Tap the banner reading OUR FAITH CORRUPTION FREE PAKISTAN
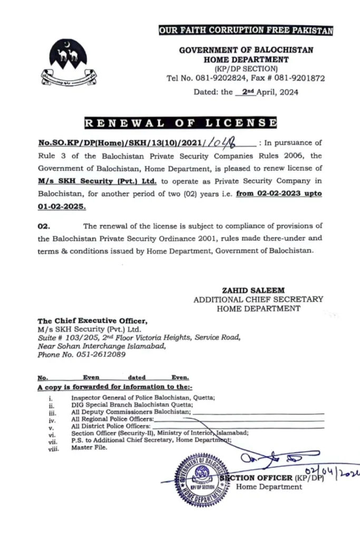[246, 31]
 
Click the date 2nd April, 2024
[267, 92]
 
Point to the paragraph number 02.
[43, 226]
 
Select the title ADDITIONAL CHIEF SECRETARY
[258, 299]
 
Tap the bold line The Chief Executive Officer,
[89, 321]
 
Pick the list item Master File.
[89, 447]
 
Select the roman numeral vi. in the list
[51, 436]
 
